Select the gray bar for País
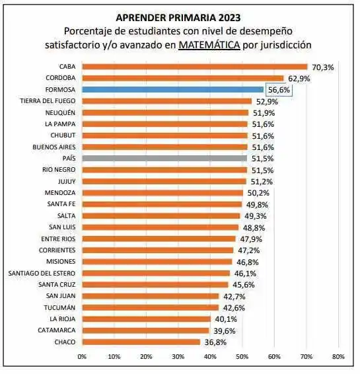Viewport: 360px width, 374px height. [164, 159]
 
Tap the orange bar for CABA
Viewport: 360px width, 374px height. [195, 67]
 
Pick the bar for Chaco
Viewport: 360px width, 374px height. [141, 342]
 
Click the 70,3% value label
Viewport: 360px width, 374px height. [323, 67]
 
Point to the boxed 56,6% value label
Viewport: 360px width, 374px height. [278, 90]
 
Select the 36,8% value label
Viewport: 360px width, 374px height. [215, 342]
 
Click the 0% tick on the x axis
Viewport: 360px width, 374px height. [83, 357]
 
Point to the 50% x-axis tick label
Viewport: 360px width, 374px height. [242, 357]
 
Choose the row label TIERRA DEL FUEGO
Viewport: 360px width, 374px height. [48, 101]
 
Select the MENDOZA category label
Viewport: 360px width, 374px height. [60, 193]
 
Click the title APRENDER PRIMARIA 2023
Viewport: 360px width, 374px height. [178, 17]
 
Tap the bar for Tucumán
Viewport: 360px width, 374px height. [151, 307]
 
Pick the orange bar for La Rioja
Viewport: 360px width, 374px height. [147, 318]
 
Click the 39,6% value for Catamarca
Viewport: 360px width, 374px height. [225, 330]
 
